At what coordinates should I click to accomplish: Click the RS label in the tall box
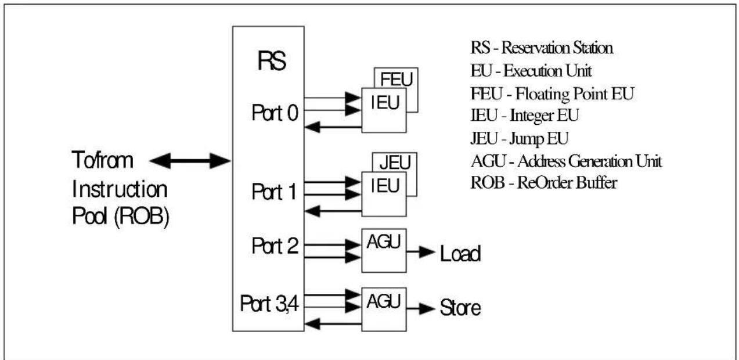(x=272, y=61)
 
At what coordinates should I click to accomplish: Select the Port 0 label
(x=275, y=113)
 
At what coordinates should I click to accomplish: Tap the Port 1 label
(x=274, y=192)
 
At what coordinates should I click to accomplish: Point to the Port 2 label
(x=275, y=246)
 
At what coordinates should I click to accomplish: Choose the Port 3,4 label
(x=269, y=304)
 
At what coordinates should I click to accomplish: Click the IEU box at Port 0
(x=384, y=110)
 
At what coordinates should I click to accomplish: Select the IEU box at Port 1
(x=384, y=194)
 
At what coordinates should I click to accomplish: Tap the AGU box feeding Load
(x=384, y=251)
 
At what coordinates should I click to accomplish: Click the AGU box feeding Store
(x=384, y=309)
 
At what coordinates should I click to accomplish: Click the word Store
(x=460, y=308)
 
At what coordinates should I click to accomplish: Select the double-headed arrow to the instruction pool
(x=190, y=161)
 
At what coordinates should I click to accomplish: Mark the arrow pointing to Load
(x=421, y=252)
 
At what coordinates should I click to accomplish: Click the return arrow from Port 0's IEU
(x=333, y=127)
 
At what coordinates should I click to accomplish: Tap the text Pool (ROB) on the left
(x=121, y=217)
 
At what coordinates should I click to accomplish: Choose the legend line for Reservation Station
(x=542, y=48)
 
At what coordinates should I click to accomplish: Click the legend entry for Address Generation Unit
(x=566, y=161)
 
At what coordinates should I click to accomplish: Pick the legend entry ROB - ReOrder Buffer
(x=544, y=183)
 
